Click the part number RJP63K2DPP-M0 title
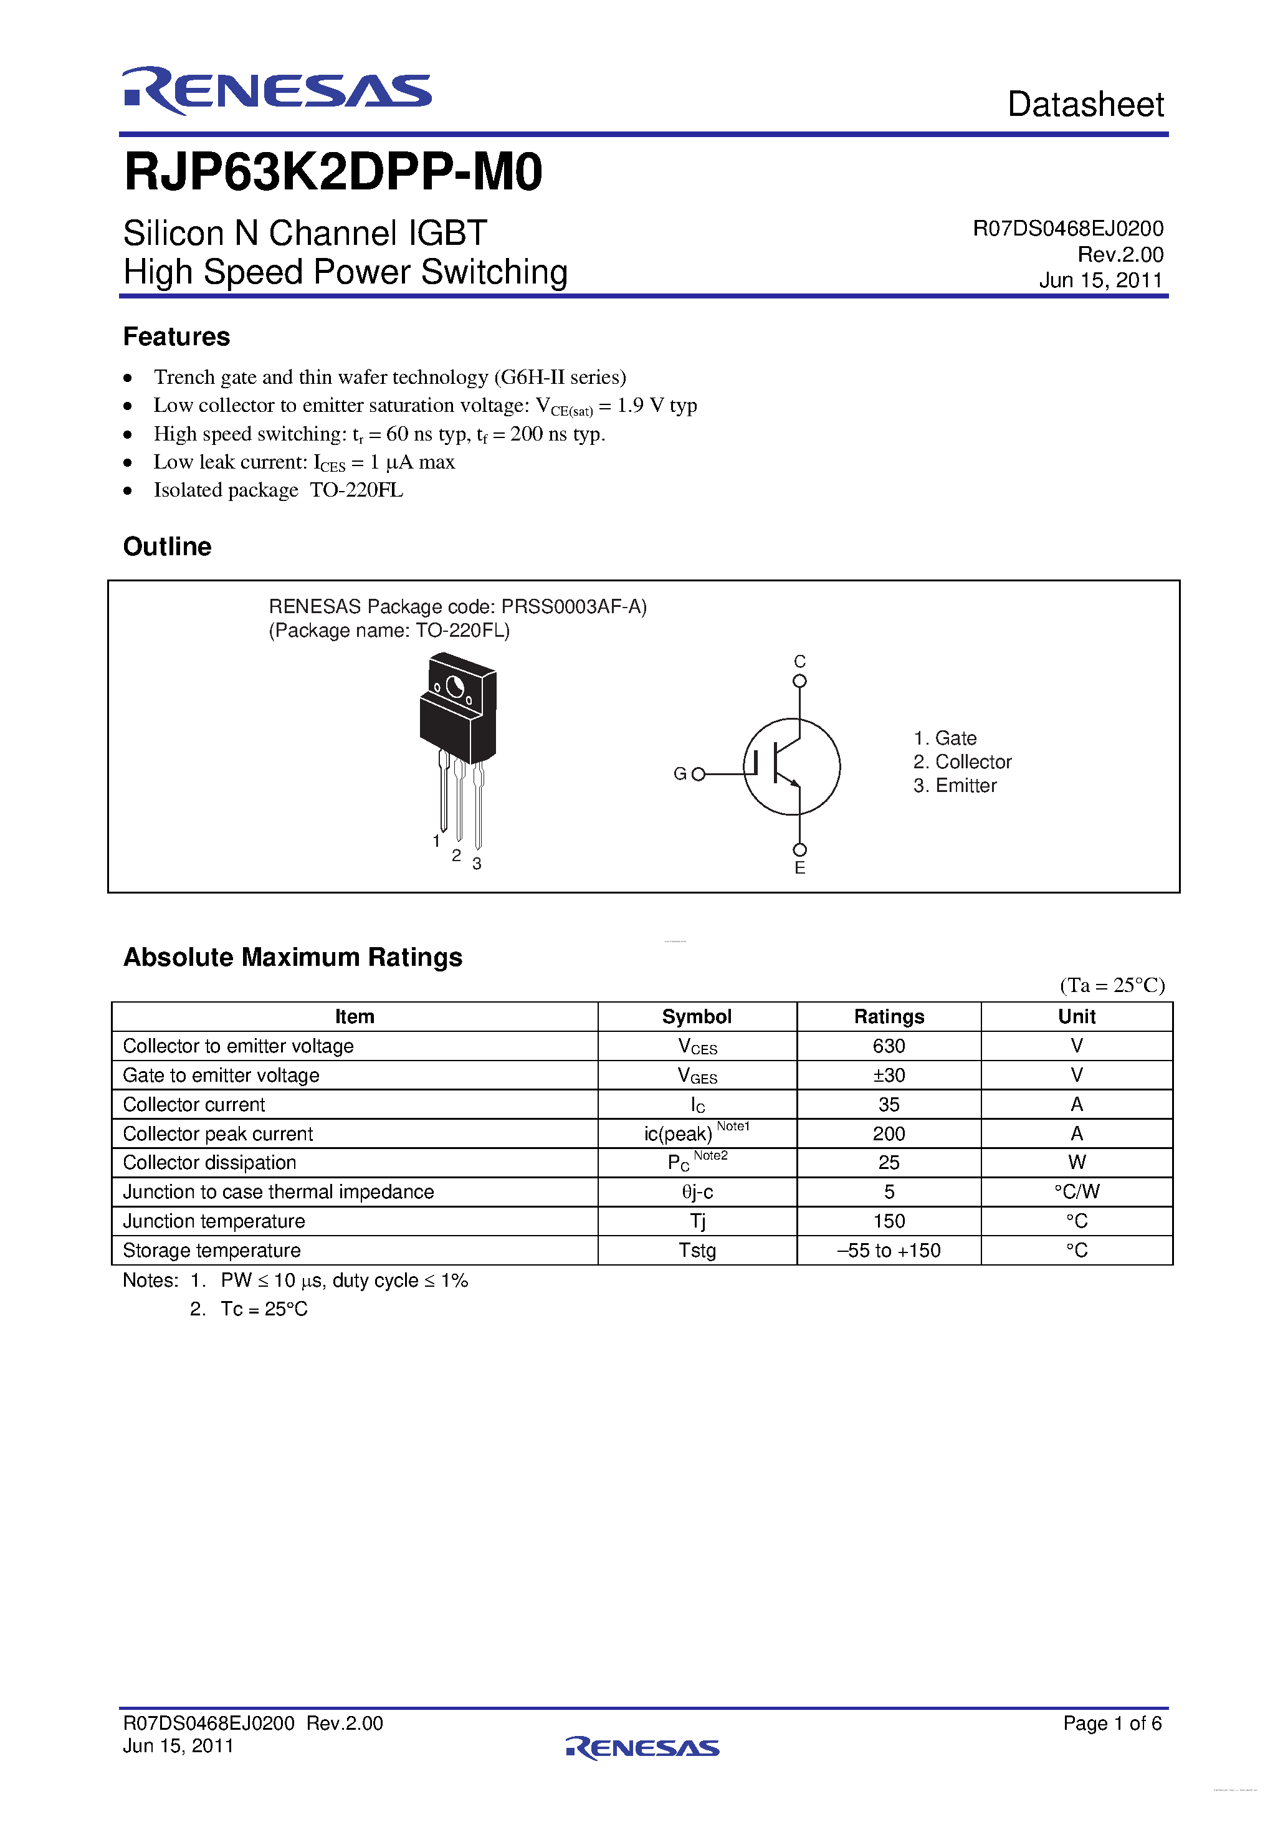(x=333, y=172)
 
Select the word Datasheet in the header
(x=1085, y=105)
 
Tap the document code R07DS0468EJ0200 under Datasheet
(x=1067, y=229)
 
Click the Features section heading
(x=176, y=336)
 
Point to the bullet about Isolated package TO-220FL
(x=278, y=490)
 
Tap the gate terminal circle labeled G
(x=699, y=774)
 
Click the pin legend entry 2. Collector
(x=962, y=762)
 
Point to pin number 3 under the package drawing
(x=477, y=864)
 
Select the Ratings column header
(x=888, y=1016)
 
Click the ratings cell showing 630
(x=888, y=1046)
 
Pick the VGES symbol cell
(x=697, y=1076)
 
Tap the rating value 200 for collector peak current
(x=888, y=1134)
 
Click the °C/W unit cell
(x=1076, y=1192)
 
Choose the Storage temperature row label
(x=211, y=1251)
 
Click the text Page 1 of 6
(x=1112, y=1723)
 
